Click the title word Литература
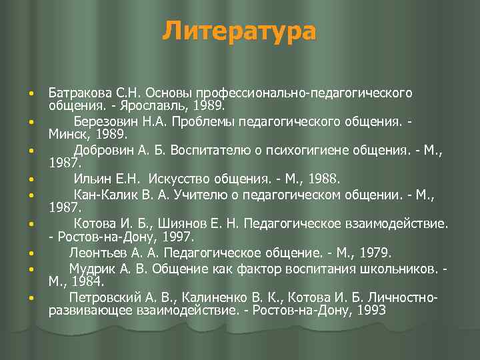(x=239, y=31)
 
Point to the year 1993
(x=373, y=310)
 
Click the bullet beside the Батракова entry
(x=31, y=93)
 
